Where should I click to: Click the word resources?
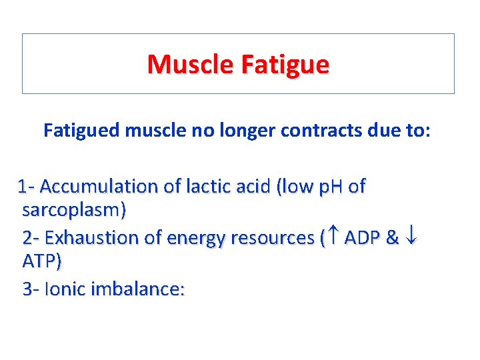click(271, 237)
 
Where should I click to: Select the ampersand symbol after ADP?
click(393, 237)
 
